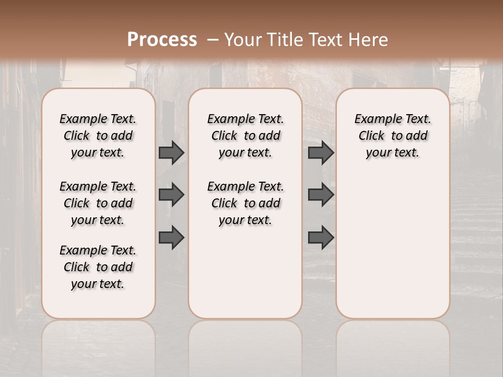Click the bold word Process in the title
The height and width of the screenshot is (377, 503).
(162, 40)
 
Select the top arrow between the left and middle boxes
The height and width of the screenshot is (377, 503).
(171, 152)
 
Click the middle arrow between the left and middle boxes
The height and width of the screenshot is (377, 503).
(171, 195)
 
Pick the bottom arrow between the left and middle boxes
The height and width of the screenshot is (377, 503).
(171, 237)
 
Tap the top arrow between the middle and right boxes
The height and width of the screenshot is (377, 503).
(321, 152)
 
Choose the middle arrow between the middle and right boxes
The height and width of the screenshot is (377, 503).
(321, 195)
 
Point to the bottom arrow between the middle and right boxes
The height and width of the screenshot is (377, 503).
(321, 237)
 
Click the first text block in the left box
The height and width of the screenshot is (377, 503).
(98, 136)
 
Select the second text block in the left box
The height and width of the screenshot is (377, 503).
(98, 203)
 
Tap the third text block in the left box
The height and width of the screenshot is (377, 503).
(98, 267)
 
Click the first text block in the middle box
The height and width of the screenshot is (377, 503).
(245, 136)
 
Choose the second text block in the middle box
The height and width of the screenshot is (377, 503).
(245, 203)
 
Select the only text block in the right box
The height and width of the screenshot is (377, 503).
(392, 136)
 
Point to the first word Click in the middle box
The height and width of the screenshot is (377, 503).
(224, 136)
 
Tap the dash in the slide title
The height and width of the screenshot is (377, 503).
(213, 40)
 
